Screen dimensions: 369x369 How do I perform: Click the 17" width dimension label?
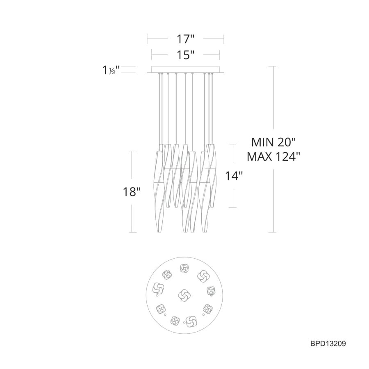point(185,39)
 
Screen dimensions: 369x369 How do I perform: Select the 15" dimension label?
point(185,55)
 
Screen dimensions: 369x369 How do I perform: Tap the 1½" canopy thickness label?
point(111,70)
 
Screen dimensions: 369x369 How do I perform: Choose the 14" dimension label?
point(234,176)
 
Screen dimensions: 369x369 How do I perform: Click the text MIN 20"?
point(273,142)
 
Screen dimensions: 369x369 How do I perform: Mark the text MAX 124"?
point(273,157)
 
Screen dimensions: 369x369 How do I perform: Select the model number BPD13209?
point(328,344)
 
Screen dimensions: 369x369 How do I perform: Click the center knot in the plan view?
point(184,295)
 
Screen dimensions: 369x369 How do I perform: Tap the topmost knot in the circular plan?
point(184,268)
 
